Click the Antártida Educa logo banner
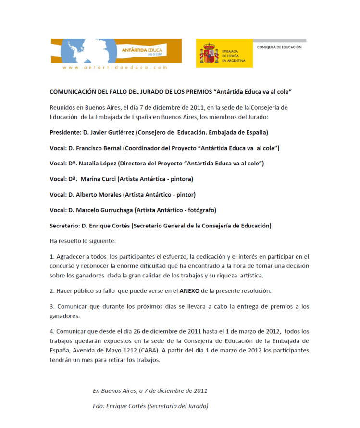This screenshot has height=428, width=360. [x=117, y=51]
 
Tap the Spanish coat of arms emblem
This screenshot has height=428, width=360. [x=209, y=54]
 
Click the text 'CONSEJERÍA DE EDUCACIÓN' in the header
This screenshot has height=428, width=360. [x=279, y=47]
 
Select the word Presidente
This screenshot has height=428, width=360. [x=66, y=132]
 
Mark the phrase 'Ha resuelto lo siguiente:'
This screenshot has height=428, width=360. [x=83, y=240]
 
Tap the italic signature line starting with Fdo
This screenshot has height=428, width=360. [x=150, y=406]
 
